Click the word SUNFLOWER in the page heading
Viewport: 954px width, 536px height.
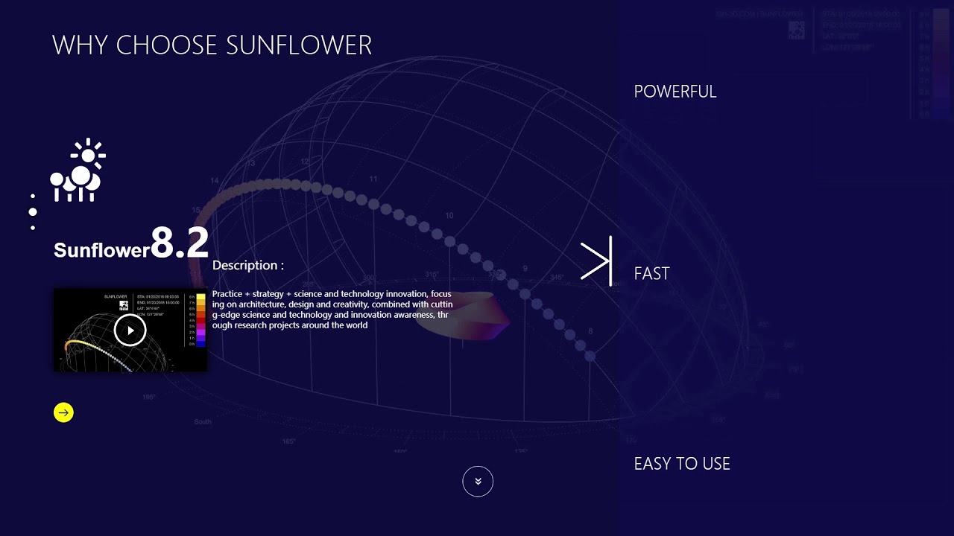(299, 45)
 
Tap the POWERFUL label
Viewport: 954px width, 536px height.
(675, 92)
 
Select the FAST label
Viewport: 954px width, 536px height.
(651, 274)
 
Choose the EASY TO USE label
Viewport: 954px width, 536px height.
(681, 464)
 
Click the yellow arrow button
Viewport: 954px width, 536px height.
(63, 412)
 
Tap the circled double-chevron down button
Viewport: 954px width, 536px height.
(478, 482)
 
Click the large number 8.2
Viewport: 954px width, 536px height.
(180, 243)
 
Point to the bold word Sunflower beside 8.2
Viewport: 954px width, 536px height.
(101, 250)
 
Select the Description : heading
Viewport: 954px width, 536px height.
(247, 265)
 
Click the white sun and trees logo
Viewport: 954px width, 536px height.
(78, 170)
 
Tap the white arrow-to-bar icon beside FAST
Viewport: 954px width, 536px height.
(596, 261)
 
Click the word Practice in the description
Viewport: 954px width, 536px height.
(227, 294)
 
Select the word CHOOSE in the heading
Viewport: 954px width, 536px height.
(168, 45)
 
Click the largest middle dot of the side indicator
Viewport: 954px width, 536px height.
(33, 212)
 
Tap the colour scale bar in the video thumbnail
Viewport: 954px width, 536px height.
(200, 320)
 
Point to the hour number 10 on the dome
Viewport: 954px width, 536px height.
(449, 216)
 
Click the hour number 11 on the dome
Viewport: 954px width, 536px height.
(373, 179)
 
